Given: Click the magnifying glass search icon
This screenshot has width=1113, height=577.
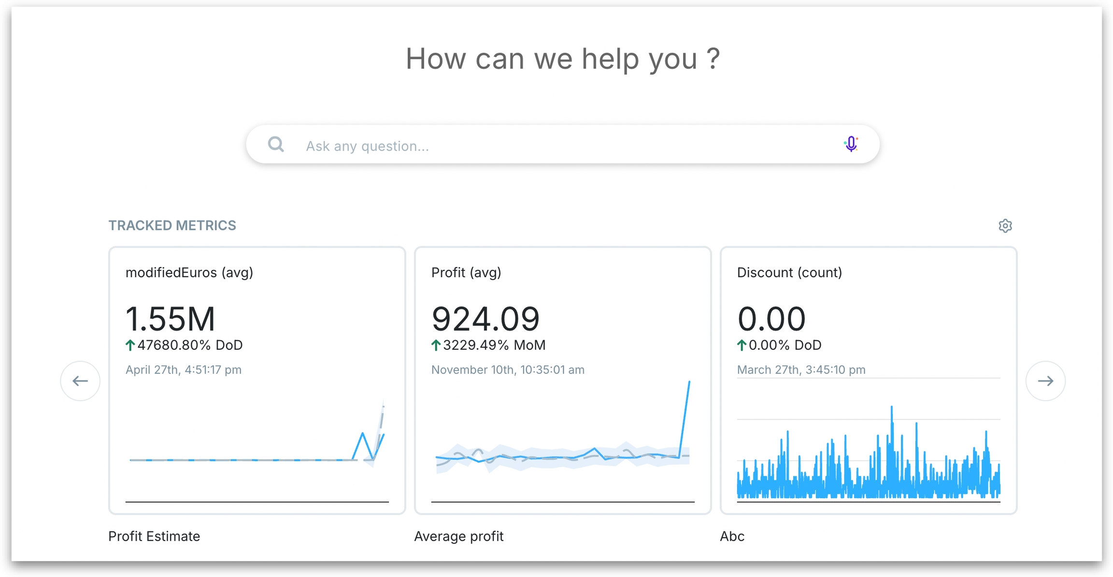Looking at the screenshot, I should point(276,144).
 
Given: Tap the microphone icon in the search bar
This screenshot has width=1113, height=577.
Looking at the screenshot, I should point(851,144).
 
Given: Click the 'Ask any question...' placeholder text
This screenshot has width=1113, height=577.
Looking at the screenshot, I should point(367,146).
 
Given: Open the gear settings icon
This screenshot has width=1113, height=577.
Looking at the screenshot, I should point(1005,225).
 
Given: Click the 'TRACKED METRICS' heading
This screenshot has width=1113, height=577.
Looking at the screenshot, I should point(172,225).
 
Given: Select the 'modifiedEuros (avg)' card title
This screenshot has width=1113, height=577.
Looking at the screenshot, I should point(189,273).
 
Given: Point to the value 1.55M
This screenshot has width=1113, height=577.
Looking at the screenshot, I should point(170,319).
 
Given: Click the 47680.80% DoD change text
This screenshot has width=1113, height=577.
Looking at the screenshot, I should point(190,345).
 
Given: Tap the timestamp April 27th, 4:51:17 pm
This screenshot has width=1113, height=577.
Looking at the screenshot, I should point(184,370).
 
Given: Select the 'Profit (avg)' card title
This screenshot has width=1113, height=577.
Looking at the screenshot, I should point(466,273).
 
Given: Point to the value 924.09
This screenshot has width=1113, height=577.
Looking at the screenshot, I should point(485,319).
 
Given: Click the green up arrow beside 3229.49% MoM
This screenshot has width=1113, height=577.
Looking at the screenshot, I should point(436,345).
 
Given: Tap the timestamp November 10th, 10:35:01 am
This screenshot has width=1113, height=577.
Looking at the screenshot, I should point(508,370).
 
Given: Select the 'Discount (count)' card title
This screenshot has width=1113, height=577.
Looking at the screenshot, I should point(789,273).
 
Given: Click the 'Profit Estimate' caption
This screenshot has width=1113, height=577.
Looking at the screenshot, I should point(154,536).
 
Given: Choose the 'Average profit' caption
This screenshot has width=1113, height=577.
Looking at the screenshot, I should point(458,536).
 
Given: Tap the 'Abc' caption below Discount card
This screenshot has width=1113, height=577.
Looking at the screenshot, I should point(732,536).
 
